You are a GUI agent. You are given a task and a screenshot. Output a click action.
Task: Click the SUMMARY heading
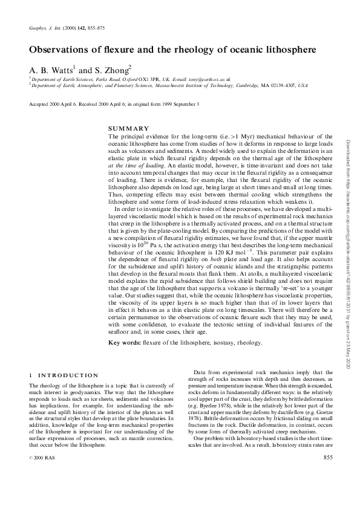click(x=128, y=129)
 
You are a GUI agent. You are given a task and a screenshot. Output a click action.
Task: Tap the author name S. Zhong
click(x=113, y=70)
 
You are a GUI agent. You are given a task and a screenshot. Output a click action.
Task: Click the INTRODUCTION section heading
click(x=65, y=376)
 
